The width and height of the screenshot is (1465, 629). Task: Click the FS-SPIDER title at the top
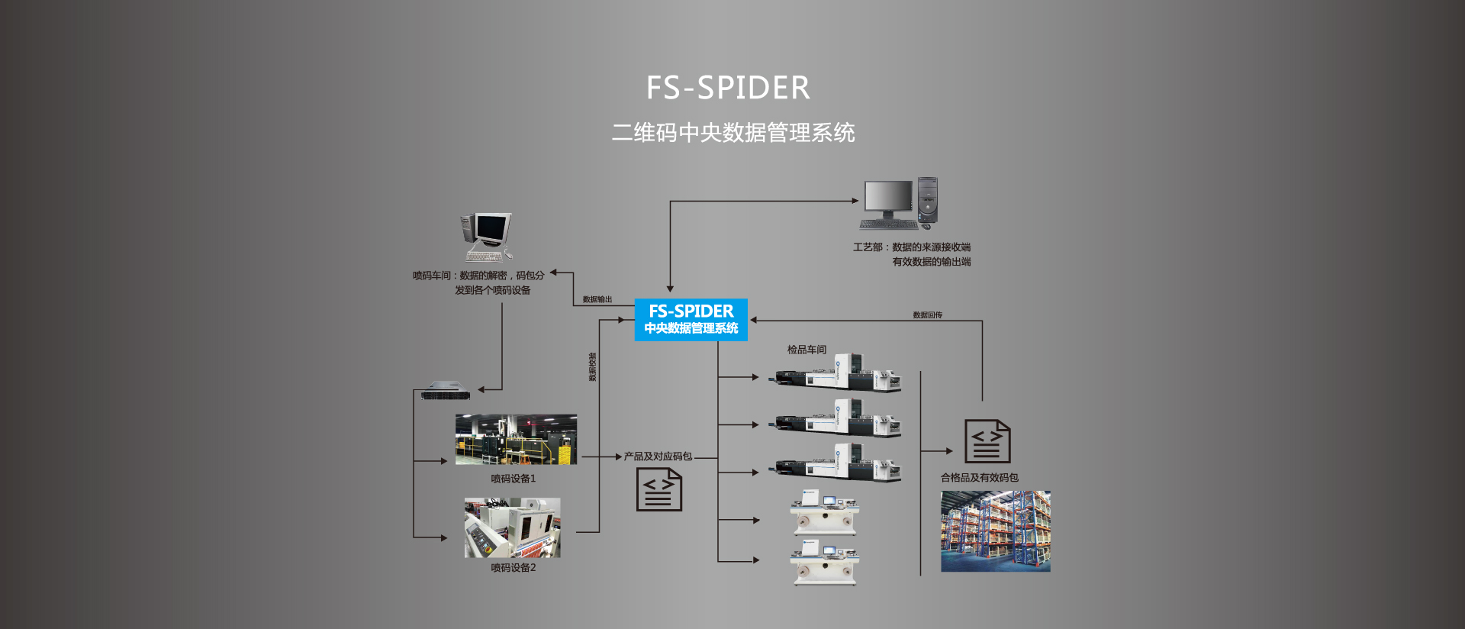tap(728, 88)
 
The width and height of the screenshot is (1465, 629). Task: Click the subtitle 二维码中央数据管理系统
tap(732, 133)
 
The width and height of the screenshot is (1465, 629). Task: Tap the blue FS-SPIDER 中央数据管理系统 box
tap(691, 319)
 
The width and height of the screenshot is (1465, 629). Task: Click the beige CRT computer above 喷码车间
tap(486, 237)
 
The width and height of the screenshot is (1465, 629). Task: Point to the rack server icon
tap(445, 390)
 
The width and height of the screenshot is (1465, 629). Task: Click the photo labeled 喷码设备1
tap(516, 440)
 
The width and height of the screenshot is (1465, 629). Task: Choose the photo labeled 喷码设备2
tap(512, 527)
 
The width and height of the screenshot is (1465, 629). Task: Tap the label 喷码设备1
tap(513, 479)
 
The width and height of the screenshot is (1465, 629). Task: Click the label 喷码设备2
tap(513, 568)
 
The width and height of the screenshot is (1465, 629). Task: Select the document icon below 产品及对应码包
tap(659, 489)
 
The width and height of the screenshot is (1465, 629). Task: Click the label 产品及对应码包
tap(658, 456)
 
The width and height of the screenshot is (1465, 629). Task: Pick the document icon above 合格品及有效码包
tap(987, 441)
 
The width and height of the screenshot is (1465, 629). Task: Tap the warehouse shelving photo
tap(995, 531)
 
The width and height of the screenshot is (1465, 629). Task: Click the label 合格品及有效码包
tap(979, 478)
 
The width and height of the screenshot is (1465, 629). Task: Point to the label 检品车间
tap(807, 350)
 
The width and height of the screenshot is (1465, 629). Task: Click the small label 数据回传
tap(927, 315)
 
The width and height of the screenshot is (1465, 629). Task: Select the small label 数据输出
tap(597, 300)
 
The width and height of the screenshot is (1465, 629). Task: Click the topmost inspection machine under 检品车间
tap(838, 374)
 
